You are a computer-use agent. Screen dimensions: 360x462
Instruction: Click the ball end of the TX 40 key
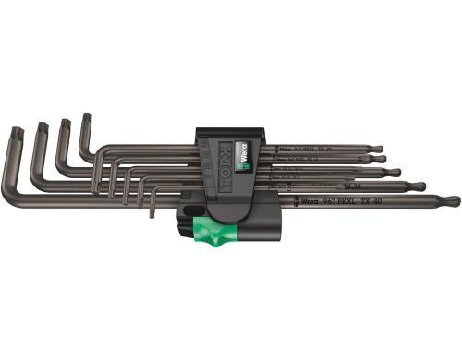point(450,200)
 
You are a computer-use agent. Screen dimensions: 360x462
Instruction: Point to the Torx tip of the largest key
point(15,133)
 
